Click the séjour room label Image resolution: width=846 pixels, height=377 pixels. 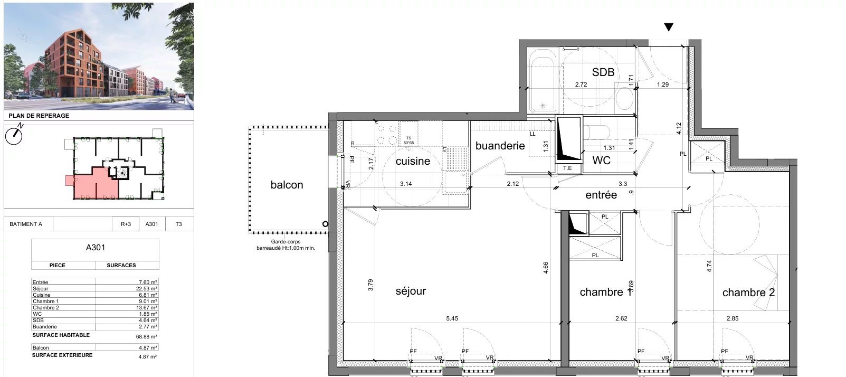411,291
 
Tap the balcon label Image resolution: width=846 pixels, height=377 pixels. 287,185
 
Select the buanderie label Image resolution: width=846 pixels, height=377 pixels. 500,146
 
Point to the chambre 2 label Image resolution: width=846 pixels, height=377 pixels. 748,293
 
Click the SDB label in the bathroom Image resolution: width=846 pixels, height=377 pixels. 603,72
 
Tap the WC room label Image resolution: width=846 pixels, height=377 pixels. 601,160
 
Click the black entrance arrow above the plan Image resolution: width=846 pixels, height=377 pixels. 669,27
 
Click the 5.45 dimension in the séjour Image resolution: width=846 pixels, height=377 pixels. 452,318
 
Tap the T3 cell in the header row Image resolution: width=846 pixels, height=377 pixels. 178,224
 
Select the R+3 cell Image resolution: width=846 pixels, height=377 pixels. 126,224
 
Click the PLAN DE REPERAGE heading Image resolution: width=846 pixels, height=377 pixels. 39,116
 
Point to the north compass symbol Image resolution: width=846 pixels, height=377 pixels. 14,135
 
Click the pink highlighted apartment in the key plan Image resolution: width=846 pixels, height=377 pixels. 93,185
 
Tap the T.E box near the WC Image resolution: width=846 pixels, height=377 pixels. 567,168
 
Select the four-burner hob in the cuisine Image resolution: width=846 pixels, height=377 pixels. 386,134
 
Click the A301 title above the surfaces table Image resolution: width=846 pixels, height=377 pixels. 96,247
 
